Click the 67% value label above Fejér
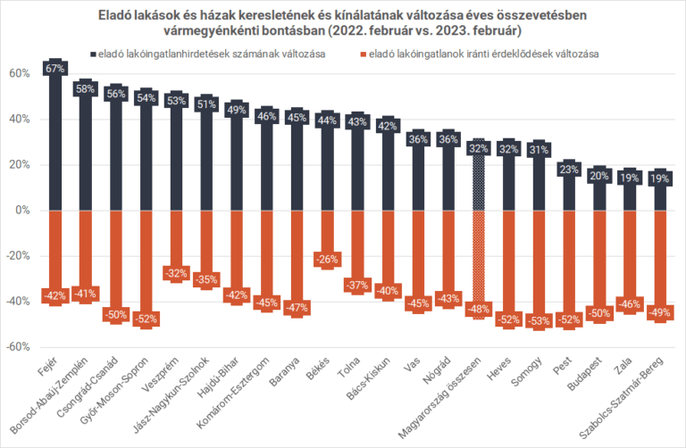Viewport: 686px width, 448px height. point(54,68)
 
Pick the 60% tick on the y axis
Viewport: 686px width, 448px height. point(20,73)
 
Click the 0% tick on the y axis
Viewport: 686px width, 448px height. point(23,210)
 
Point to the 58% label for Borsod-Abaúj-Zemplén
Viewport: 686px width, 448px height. point(85,88)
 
